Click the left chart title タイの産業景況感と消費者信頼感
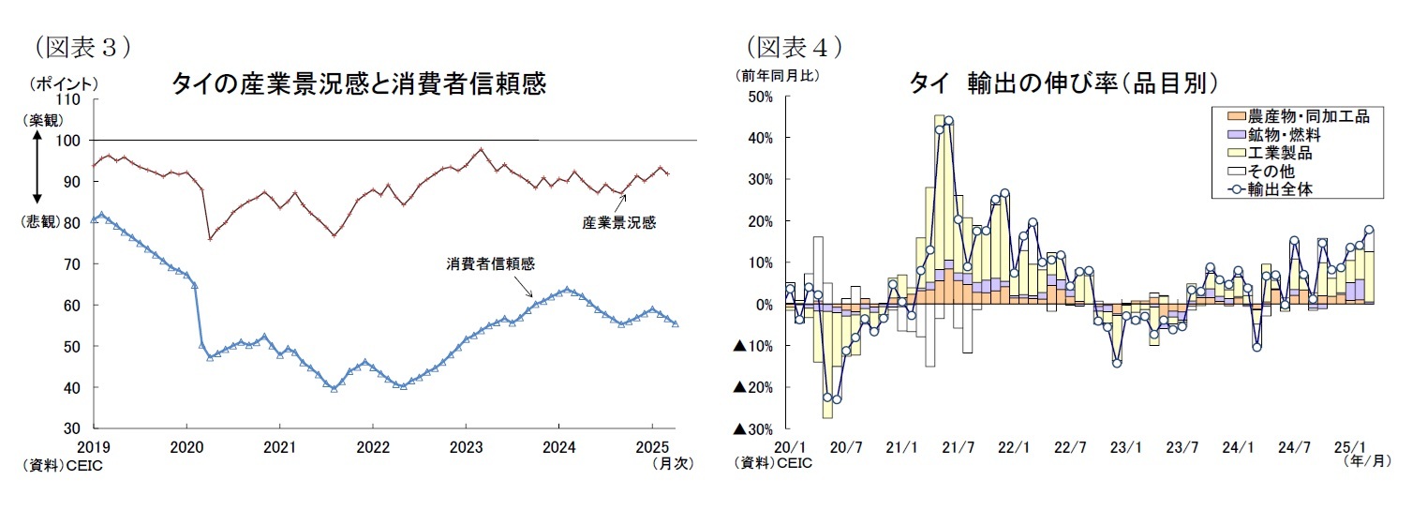tap(358, 85)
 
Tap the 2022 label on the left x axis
tap(373, 447)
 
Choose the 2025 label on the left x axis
tap(652, 447)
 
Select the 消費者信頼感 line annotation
tap(490, 264)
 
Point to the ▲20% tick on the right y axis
tap(751, 387)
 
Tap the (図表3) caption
tap(81, 44)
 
